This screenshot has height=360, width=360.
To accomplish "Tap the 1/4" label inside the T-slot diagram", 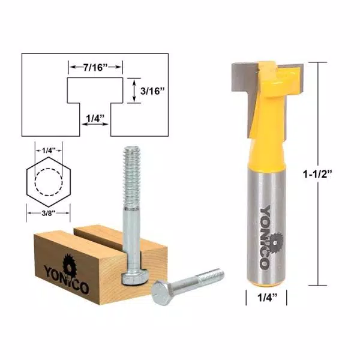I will click(x=95, y=118).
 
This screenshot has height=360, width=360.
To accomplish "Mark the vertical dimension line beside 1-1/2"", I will click(x=317, y=120).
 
